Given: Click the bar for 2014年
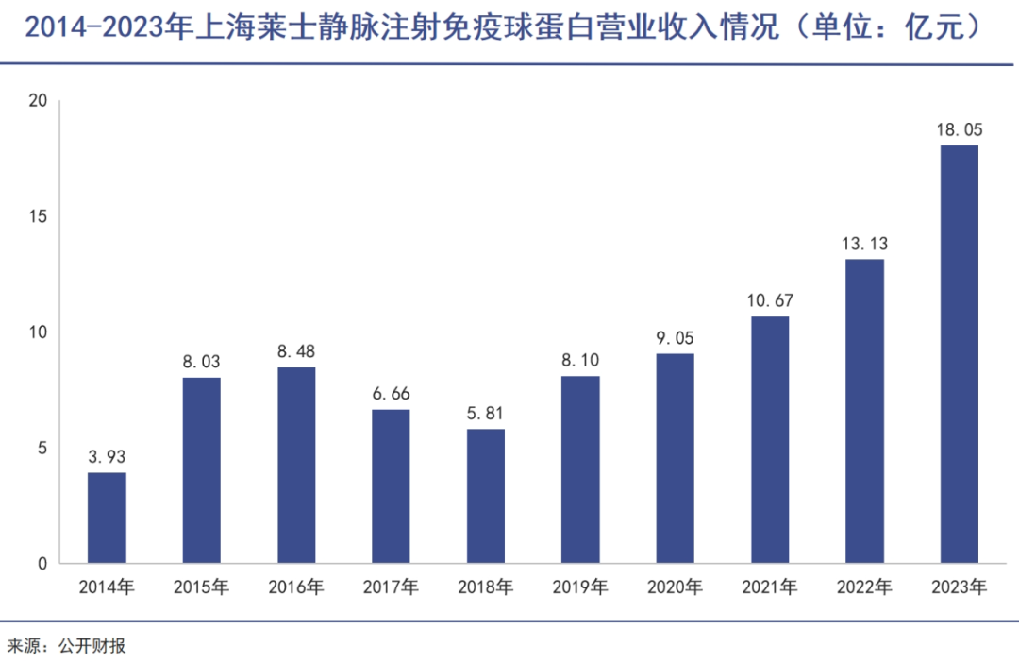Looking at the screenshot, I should click(x=107, y=518).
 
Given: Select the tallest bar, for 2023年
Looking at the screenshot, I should click(x=959, y=354).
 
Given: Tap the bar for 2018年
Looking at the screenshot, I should click(x=485, y=496).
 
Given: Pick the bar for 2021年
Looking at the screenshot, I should click(x=770, y=440).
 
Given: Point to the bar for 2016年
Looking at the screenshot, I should click(x=296, y=465).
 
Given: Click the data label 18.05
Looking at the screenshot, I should click(x=959, y=130).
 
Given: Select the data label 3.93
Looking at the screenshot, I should click(x=107, y=457).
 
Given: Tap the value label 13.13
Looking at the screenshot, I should click(x=864, y=244).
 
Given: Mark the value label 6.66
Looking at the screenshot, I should click(x=391, y=394).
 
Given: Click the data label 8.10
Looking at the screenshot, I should click(x=580, y=361).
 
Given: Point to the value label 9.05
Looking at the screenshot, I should click(x=675, y=338).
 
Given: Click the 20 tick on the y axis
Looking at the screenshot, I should click(x=38, y=101).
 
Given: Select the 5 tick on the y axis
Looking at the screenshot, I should click(x=42, y=448).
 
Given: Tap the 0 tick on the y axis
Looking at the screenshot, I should click(x=42, y=564).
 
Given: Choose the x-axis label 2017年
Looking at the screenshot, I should click(x=391, y=587).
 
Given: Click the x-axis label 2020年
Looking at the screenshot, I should click(x=675, y=587).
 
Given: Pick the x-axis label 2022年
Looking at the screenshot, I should click(x=864, y=587).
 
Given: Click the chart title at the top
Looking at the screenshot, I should click(x=501, y=28).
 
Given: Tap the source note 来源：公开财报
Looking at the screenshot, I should click(x=66, y=646).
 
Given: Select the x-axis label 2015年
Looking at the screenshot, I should click(x=201, y=587).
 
